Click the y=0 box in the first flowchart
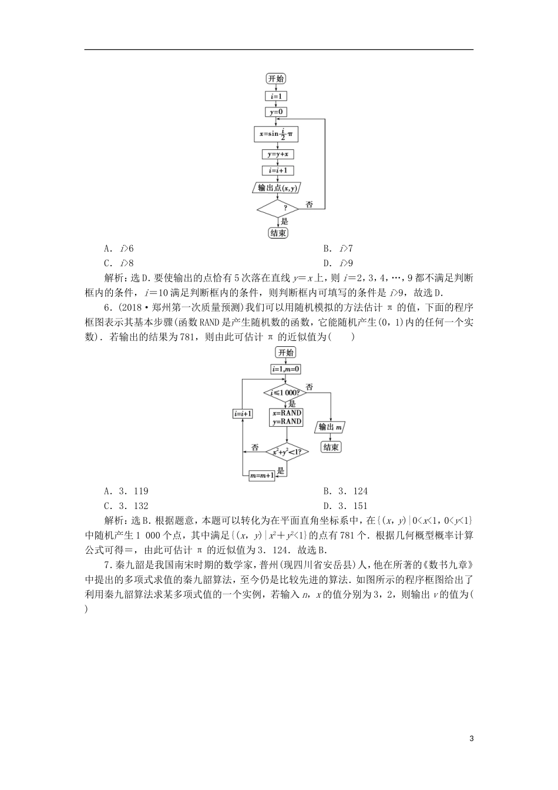(x=275, y=112)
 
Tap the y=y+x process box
(x=277, y=155)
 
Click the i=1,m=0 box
(x=286, y=369)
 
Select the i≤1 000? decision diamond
(x=285, y=392)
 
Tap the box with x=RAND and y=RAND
(x=286, y=417)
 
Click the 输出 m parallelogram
(x=331, y=427)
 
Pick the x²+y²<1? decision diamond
(x=287, y=451)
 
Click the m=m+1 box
(x=263, y=476)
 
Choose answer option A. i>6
(x=119, y=249)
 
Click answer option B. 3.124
(x=345, y=491)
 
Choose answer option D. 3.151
(x=345, y=506)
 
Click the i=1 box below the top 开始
(x=275, y=96)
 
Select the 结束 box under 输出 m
(x=331, y=447)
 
